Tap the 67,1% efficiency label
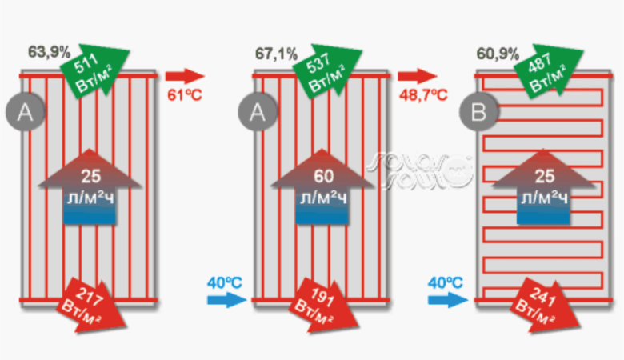(x=276, y=55)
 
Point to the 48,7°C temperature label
(x=422, y=97)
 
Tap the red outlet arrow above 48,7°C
(x=418, y=77)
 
